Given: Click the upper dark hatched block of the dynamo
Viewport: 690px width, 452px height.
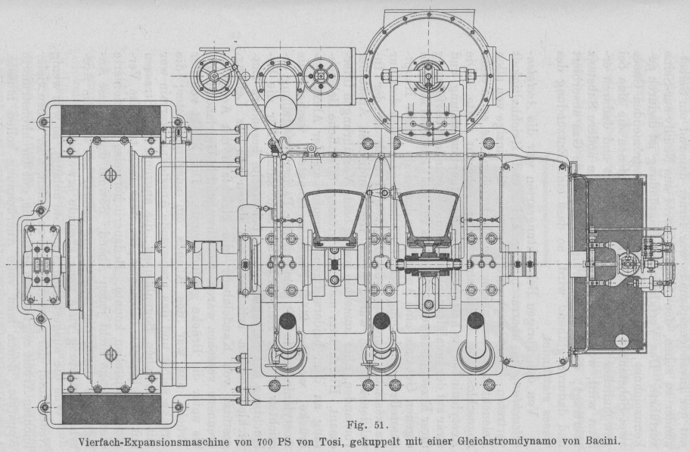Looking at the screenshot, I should click(x=110, y=120).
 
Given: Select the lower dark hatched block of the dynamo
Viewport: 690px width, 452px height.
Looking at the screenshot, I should click(x=110, y=410).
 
